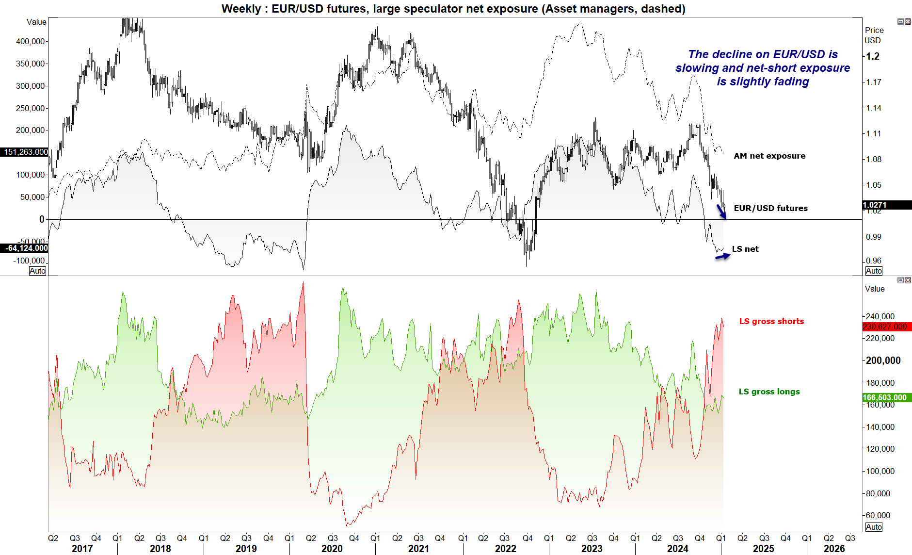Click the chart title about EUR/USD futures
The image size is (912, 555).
pos(453,9)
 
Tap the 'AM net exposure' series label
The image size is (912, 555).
pos(769,156)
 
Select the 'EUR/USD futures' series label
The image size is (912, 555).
pos(770,208)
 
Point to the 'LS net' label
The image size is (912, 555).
pos(745,249)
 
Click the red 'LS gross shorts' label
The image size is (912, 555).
pos(771,321)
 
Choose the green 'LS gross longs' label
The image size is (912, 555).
pos(769,392)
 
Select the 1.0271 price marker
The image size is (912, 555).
pos(886,205)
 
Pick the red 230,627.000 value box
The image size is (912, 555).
pos(886,326)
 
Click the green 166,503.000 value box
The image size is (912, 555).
pos(886,397)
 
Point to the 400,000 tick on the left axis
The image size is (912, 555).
pos(31,41)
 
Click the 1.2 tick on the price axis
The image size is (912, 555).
pos(873,56)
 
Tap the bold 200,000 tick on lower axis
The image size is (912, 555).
pos(883,360)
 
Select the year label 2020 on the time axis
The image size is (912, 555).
pos(332,549)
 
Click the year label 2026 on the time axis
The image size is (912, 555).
pos(834,549)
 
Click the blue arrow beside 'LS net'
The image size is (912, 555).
pos(722,256)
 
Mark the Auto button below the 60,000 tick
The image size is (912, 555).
pos(874,527)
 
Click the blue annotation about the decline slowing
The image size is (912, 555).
pos(763,68)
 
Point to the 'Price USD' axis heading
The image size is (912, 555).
pos(874,35)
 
